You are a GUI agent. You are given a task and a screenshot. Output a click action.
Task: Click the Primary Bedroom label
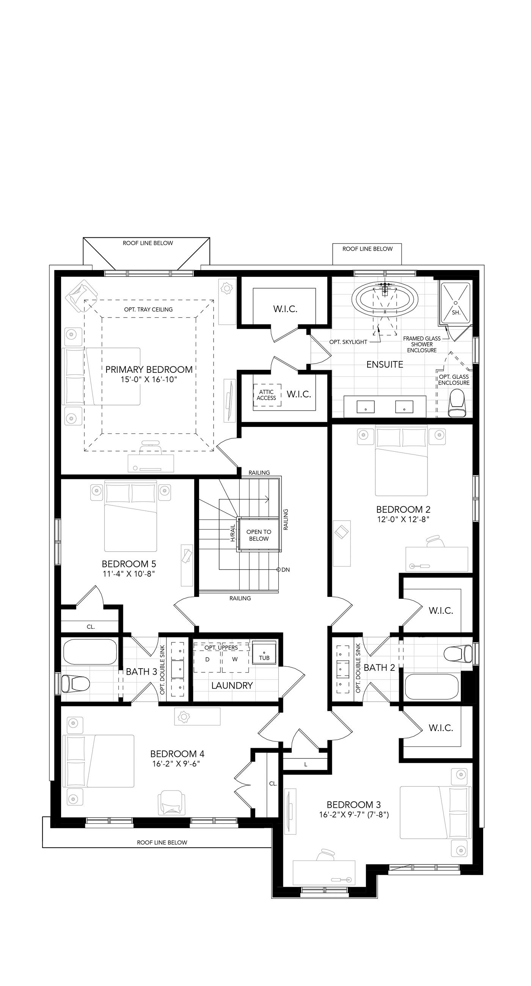coord(149,369)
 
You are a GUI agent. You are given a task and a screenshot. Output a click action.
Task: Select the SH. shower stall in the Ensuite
coord(456,302)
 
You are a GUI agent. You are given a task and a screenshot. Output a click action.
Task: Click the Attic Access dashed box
coord(267,395)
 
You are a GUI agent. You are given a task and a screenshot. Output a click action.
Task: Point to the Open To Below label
coord(259,535)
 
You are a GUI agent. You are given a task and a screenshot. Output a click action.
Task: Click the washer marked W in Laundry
coord(235,659)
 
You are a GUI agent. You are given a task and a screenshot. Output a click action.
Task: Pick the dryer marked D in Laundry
coord(207,659)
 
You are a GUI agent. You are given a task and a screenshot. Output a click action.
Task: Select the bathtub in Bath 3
coord(90,652)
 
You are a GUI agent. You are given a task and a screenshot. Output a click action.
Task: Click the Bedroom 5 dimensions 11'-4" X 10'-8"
coord(128,574)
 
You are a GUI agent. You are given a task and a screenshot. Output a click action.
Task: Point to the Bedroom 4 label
coord(177,754)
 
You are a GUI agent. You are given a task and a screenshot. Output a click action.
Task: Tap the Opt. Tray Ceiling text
coord(148,309)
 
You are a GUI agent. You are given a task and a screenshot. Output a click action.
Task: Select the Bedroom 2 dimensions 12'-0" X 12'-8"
coord(403,520)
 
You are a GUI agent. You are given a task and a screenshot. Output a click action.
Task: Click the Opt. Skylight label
coord(348,342)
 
